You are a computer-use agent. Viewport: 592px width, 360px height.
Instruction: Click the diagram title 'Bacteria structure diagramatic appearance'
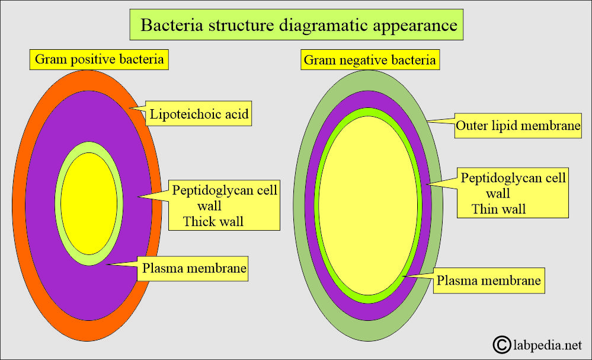[296, 26]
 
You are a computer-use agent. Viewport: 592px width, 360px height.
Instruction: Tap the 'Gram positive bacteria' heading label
[100, 59]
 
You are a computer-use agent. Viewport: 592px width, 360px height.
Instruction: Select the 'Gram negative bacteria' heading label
[370, 60]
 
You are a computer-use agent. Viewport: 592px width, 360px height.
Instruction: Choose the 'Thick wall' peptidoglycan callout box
[224, 205]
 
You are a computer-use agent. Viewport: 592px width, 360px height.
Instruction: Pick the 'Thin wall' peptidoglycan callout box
[513, 193]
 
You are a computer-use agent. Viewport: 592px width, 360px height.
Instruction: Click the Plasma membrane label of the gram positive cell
[194, 269]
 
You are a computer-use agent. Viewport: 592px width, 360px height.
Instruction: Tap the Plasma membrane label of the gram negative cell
[488, 280]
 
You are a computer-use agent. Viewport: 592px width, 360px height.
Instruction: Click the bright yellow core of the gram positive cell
[89, 203]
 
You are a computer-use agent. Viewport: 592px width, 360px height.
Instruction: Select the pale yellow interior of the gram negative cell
[369, 205]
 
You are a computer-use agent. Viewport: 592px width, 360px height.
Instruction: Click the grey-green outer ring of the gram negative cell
[299, 205]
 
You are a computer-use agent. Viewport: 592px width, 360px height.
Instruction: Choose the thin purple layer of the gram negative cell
[310, 205]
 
